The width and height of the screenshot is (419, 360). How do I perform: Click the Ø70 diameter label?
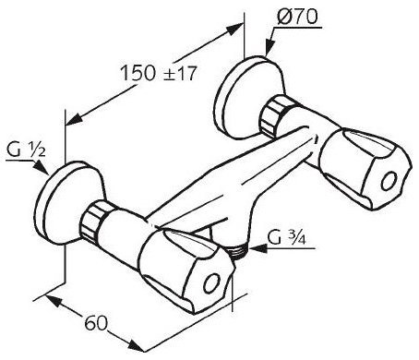point(297,17)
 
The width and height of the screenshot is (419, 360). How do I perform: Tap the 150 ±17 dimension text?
point(158,73)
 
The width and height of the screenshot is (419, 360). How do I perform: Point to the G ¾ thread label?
point(286,236)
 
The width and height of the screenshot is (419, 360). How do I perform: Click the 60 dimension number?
point(96,323)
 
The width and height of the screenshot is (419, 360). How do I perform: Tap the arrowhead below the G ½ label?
point(42,168)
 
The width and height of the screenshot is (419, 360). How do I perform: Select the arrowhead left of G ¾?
point(257,248)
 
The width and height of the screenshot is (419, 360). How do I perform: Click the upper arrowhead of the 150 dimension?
point(233,29)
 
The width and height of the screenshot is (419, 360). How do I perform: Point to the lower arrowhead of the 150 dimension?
point(74,119)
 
